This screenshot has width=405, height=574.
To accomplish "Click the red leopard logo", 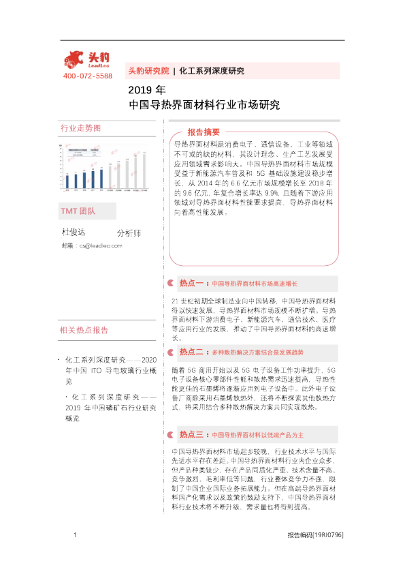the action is point(74,59).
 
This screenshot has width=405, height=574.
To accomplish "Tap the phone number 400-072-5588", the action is point(87,76).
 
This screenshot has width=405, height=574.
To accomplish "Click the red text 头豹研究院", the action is point(148,71).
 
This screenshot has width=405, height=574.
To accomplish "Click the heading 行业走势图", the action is point(80,128).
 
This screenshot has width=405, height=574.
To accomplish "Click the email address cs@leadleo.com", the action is point(100,245).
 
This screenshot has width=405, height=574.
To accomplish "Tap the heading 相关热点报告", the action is point(84,331).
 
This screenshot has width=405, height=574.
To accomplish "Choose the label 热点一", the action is point(192,282).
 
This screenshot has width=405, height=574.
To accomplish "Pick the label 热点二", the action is point(192,352).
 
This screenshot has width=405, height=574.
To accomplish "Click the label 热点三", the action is point(192,434).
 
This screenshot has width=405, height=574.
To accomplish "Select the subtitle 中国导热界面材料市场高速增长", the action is point(255,283).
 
